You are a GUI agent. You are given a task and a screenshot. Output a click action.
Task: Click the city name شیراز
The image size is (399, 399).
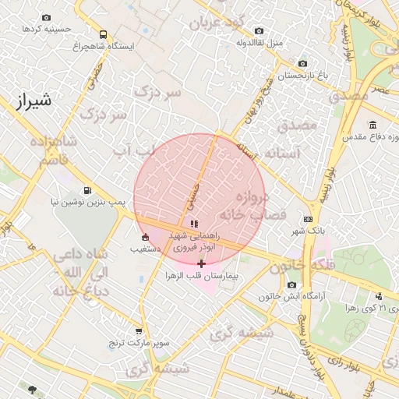(x=33, y=99)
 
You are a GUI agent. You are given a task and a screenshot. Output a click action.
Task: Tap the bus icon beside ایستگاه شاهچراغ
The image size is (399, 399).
(x=104, y=34)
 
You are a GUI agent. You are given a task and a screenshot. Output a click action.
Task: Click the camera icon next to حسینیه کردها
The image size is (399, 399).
(x=47, y=17)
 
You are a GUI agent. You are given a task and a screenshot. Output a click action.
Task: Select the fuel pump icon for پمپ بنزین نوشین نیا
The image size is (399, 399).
(x=87, y=190)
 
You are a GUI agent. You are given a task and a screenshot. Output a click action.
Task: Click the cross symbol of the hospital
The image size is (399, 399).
(x=201, y=264)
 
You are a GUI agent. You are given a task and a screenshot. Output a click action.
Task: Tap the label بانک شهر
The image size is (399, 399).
(x=308, y=231)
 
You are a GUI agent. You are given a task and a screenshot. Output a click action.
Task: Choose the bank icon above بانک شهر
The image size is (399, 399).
(x=308, y=219)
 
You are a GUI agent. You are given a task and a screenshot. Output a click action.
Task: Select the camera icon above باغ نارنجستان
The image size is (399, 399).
(x=303, y=63)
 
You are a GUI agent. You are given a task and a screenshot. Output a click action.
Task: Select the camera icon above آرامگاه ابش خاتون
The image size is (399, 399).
(x=291, y=284)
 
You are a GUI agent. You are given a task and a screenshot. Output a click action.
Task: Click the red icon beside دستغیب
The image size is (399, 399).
(x=144, y=237)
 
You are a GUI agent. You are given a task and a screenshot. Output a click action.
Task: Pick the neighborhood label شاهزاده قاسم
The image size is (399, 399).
(x=54, y=150)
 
